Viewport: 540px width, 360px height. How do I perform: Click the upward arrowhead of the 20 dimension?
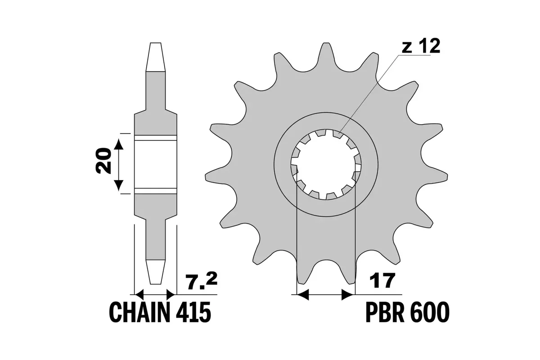point(118,144)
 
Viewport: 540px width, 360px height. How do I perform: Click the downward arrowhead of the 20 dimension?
point(118,184)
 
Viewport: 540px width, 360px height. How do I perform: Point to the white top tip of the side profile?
point(155,56)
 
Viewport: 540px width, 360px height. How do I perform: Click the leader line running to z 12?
point(369,92)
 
